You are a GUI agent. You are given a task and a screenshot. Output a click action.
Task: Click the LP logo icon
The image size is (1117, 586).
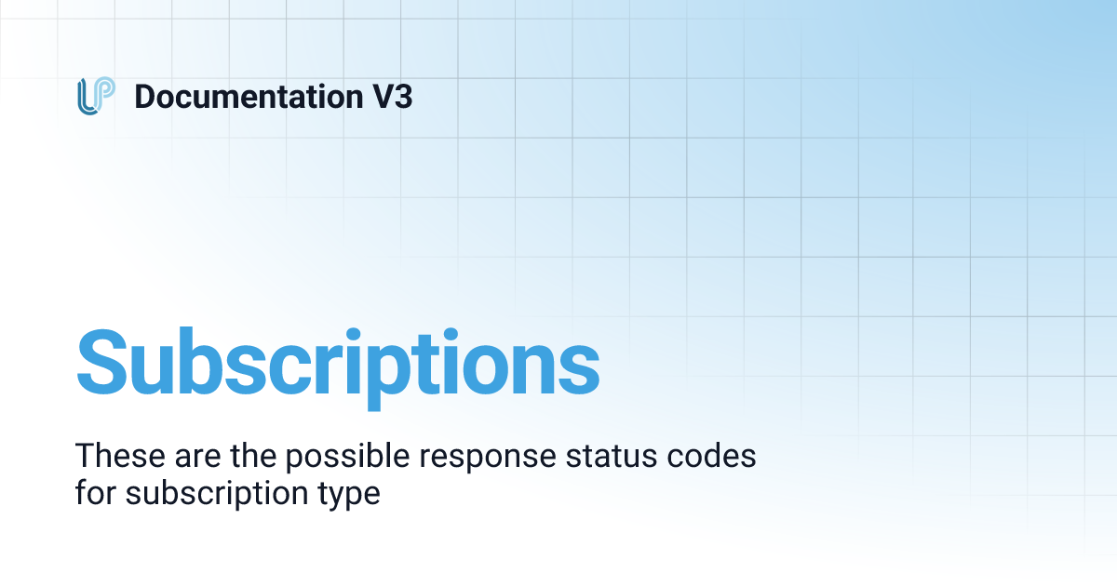pyautogui.click(x=96, y=97)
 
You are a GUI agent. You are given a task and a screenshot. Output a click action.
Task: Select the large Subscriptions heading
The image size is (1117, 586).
pyautogui.click(x=337, y=361)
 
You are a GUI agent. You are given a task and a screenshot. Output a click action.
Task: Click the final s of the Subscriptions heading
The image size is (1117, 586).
pyautogui.click(x=576, y=366)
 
